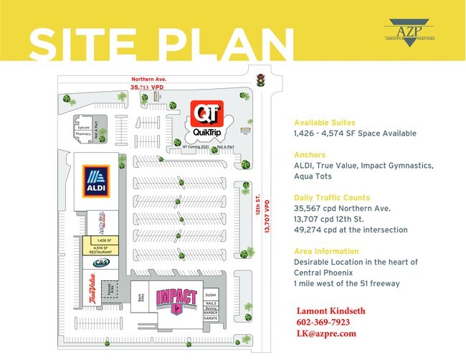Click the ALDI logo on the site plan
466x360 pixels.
tap(95, 181)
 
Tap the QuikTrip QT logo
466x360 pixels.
tap(206, 114)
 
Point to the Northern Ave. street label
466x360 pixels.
tap(148, 80)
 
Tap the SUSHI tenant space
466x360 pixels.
tap(210, 295)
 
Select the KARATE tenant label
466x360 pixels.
tap(210, 318)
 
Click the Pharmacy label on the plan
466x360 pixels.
tap(82, 133)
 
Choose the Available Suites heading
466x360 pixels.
tap(324, 123)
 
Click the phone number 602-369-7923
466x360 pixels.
tap(324, 323)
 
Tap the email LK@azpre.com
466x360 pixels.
tap(326, 333)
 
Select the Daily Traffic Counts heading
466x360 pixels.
tap(332, 197)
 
